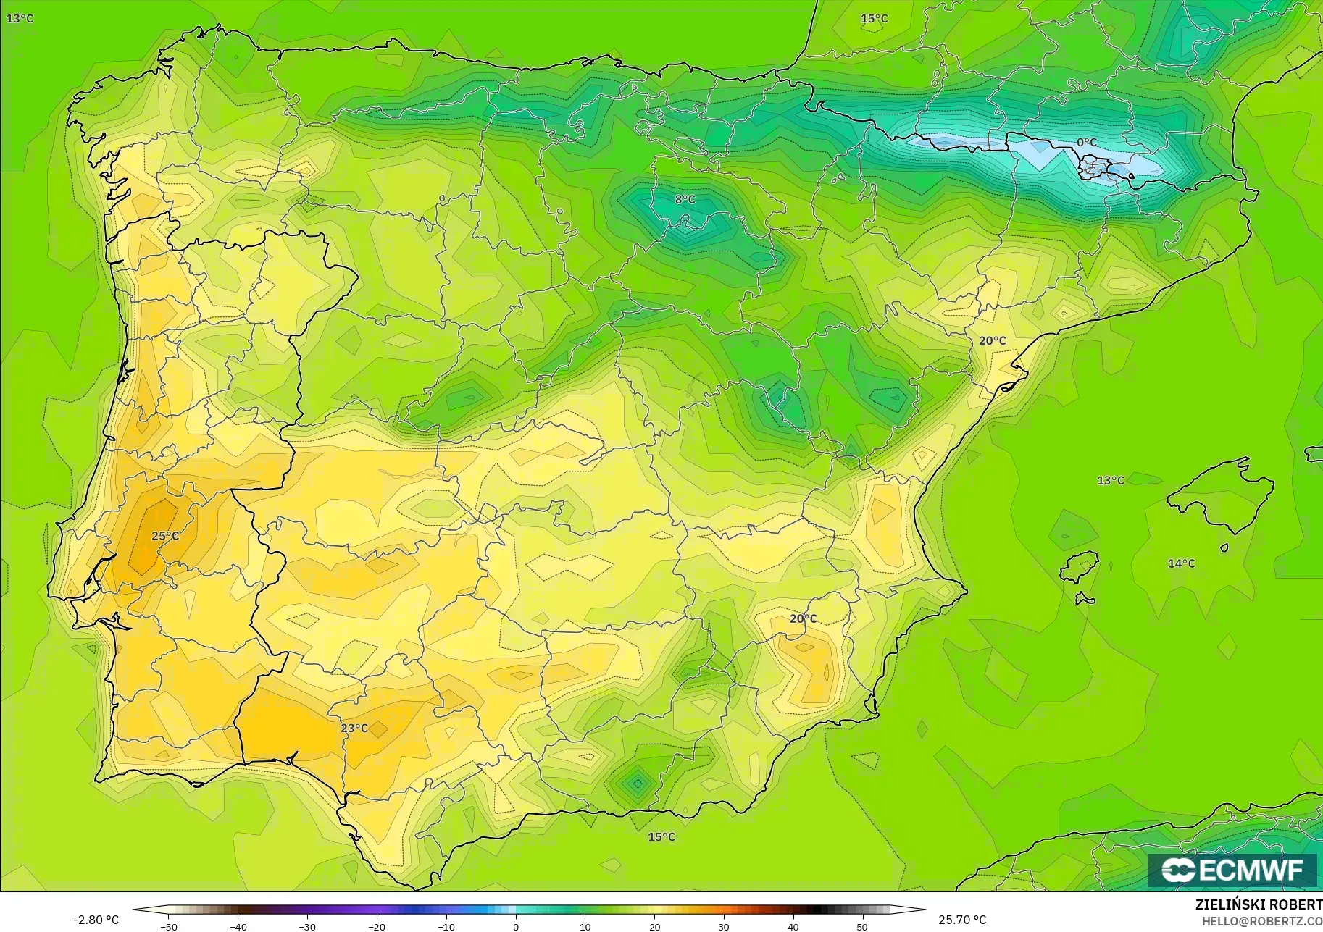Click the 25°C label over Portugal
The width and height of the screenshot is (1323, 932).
(165, 536)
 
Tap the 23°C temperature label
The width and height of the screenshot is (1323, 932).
(354, 728)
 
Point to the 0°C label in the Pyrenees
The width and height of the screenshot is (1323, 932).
(1086, 143)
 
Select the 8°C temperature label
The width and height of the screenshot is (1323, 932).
(685, 199)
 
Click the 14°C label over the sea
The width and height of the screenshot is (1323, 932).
(1181, 563)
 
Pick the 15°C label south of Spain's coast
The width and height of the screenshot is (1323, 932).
(661, 836)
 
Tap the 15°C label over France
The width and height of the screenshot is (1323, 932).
(874, 19)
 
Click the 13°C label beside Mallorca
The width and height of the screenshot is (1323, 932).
(1110, 480)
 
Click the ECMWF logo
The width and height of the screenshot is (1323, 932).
(1232, 870)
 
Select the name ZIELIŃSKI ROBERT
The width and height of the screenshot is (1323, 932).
(1259, 904)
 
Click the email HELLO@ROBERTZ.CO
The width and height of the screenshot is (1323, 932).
(1262, 921)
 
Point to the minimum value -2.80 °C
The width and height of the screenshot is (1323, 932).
(96, 920)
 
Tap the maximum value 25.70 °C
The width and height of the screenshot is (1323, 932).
(962, 920)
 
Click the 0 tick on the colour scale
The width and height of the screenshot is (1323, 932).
(516, 926)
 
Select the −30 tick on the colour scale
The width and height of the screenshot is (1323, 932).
(307, 926)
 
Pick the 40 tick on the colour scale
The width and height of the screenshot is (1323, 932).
(793, 926)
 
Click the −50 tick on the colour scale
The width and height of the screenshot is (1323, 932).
(168, 926)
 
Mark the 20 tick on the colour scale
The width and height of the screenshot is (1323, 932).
(655, 926)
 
